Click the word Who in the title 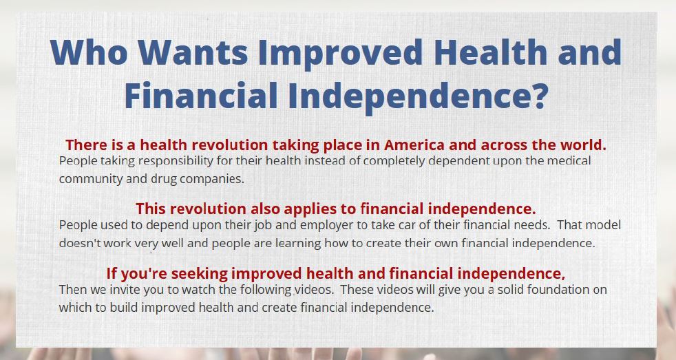click(x=89, y=52)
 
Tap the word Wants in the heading click(x=193, y=52)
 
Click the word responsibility click(x=176, y=161)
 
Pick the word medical click(x=569, y=160)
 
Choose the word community click(x=91, y=179)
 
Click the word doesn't click(x=80, y=243)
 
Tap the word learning click(x=298, y=244)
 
